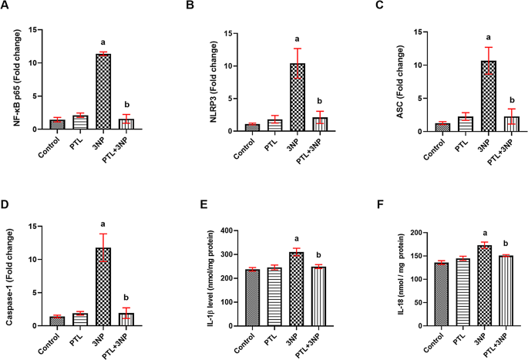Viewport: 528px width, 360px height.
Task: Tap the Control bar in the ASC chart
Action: [x=441, y=127]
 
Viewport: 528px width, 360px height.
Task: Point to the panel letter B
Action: [x=190, y=7]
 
